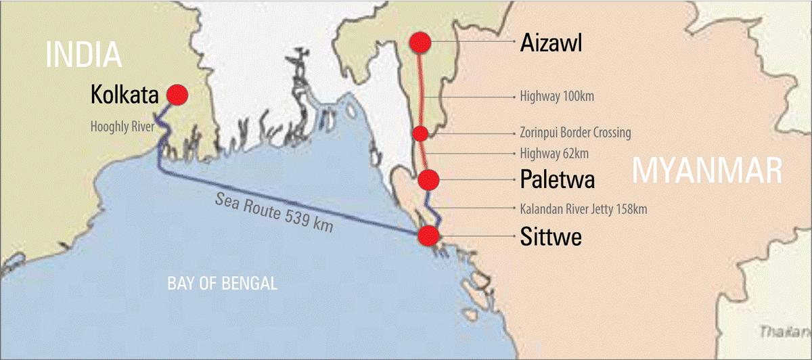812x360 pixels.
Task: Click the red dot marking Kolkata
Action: pos(177,95)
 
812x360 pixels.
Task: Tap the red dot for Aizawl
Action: pos(420,43)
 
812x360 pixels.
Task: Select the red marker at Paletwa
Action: pos(429,179)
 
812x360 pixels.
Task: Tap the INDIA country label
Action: pos(83,53)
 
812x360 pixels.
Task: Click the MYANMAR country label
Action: pos(706,171)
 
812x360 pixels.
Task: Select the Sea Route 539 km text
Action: pos(274,212)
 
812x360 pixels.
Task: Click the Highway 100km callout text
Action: pos(557,97)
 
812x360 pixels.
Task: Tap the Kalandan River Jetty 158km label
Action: pos(583,209)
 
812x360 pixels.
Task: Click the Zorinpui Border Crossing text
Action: pos(575,133)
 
